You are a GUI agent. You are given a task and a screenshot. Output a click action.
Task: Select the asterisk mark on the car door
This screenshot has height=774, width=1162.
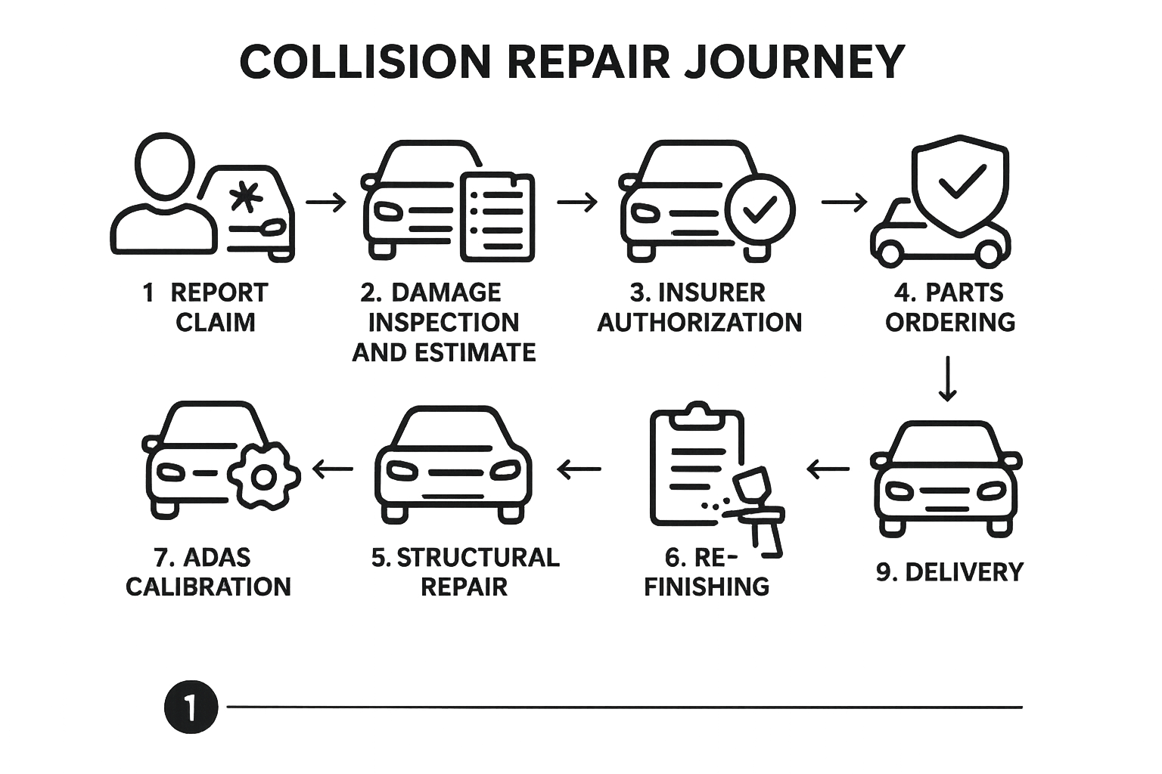click(x=243, y=198)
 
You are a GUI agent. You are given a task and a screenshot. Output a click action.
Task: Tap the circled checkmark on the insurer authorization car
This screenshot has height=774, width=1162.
click(x=760, y=211)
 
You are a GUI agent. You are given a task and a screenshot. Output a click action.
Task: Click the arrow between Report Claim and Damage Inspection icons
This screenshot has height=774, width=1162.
click(x=326, y=203)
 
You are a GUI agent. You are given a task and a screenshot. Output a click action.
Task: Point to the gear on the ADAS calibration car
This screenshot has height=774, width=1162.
click(x=263, y=477)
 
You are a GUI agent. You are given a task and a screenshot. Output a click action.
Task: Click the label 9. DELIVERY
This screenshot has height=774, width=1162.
click(x=949, y=572)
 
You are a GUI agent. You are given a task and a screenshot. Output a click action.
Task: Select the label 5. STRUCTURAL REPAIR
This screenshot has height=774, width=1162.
click(x=464, y=571)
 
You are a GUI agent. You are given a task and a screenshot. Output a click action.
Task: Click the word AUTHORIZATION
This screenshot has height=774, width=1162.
click(x=700, y=323)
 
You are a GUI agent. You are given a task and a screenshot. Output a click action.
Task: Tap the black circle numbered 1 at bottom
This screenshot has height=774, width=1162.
click(x=191, y=707)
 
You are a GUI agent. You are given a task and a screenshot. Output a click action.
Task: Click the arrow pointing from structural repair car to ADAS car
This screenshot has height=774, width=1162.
click(x=333, y=469)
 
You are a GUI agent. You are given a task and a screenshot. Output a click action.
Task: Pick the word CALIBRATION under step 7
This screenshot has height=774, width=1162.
click(x=208, y=587)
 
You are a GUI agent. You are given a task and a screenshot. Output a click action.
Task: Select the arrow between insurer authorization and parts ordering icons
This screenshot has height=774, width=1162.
click(x=844, y=203)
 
